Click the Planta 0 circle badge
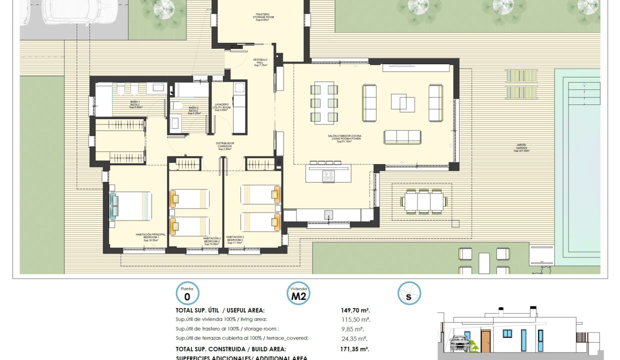pos(187,293)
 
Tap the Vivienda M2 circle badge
pos(298,293)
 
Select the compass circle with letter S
pos(409,293)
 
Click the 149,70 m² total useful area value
pos(355,310)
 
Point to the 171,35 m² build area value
pos(354,349)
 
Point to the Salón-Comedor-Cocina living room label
pos(344,138)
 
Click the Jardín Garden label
pos(521,147)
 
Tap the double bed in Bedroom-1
pos(131,206)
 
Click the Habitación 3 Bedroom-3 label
pos(234,239)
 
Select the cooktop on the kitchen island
pos(328,175)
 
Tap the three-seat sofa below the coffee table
pos(402,136)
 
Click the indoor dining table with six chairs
pos(323,103)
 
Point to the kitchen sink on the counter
pos(328,214)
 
